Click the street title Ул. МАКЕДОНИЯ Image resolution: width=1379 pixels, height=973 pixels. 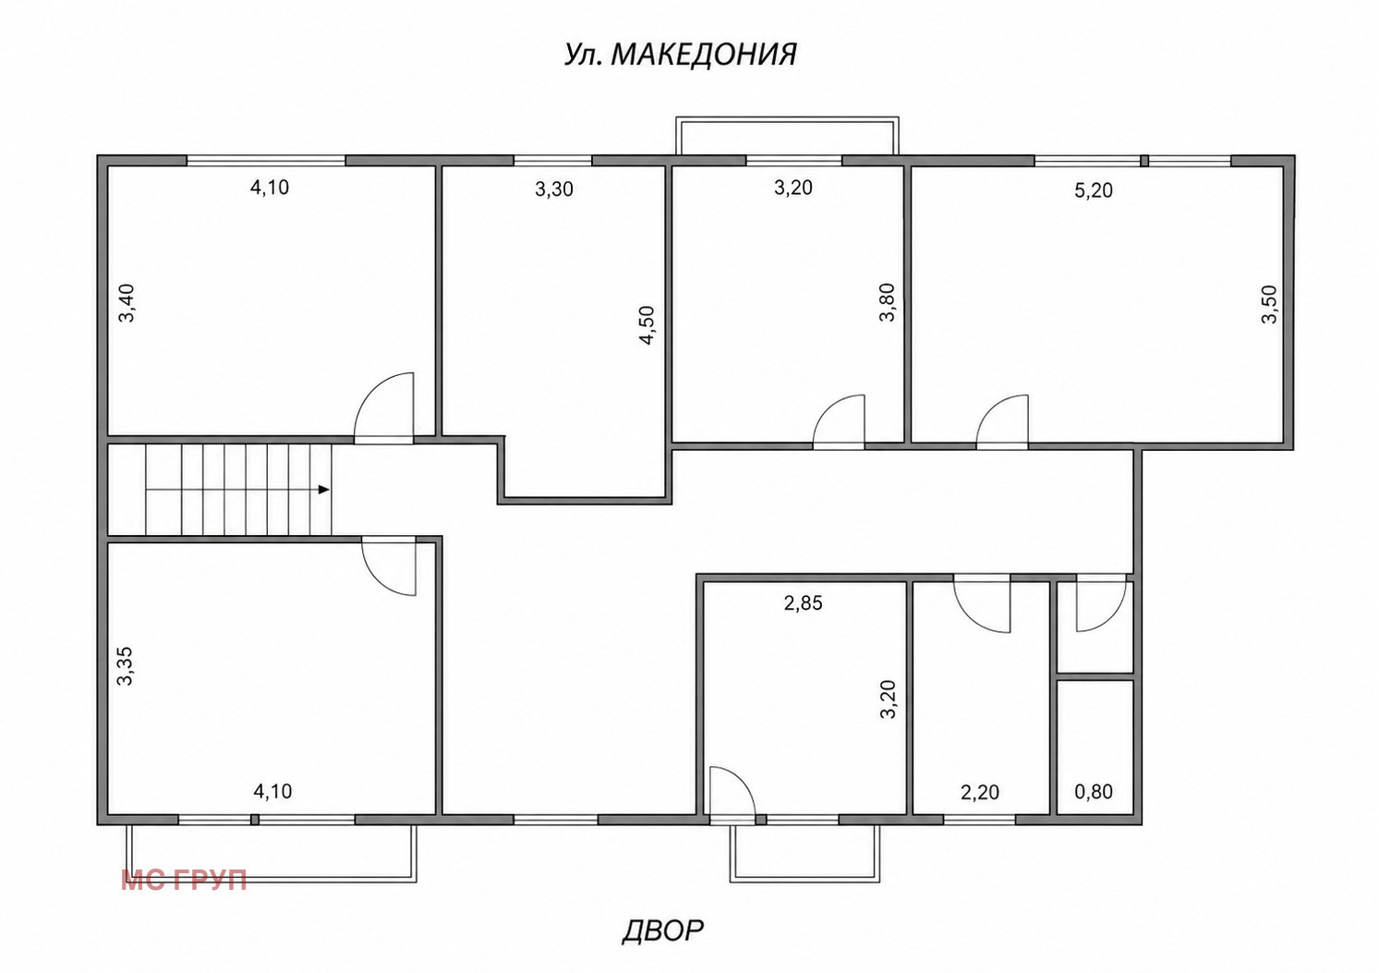click(681, 55)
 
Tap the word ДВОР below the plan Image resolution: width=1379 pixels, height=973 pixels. click(663, 930)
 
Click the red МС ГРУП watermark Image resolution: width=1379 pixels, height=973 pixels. click(184, 880)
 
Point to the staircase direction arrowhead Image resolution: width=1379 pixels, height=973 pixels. click(324, 490)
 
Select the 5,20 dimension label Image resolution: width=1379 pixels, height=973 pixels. click(1094, 190)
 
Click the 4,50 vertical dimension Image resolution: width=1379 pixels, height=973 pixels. click(647, 325)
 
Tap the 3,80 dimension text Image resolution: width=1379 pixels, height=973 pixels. click(887, 302)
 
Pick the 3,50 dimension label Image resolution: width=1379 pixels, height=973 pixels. click(1269, 304)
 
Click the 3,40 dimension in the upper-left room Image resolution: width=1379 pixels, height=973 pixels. click(127, 303)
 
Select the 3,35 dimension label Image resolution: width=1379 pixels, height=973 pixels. click(126, 665)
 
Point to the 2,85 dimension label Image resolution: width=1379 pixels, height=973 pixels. click(803, 602)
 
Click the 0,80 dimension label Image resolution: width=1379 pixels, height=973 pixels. click(1094, 791)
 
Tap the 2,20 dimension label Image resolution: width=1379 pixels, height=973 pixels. click(980, 792)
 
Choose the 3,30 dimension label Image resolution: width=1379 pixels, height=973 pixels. click(554, 189)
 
